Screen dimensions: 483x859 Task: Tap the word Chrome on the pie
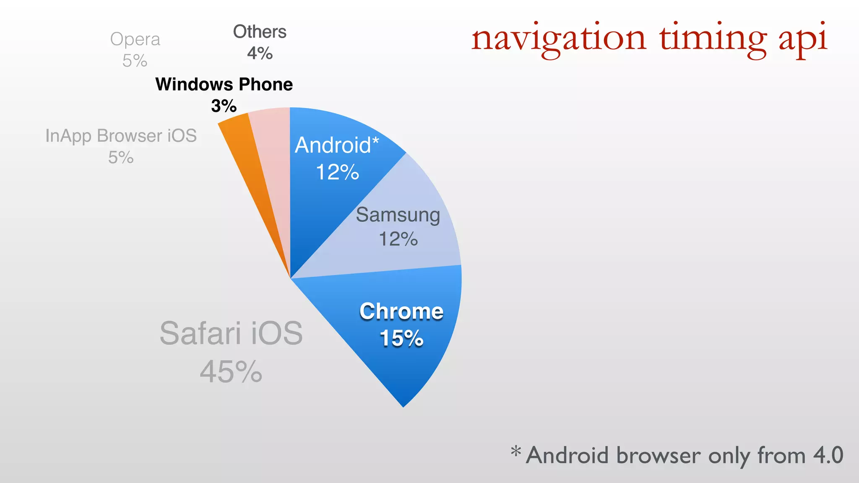pos(401,312)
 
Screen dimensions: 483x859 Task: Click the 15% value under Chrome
pos(401,338)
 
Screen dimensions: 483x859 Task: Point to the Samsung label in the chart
pos(398,215)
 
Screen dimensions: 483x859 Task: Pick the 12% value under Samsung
pos(398,239)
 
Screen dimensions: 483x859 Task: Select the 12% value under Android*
pos(337,172)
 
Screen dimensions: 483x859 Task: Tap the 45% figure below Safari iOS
pos(231,372)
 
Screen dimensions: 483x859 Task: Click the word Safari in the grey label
pos(200,333)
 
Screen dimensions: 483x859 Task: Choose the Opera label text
pos(135,39)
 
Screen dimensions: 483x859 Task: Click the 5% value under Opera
pos(135,61)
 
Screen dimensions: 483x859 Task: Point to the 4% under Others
pos(260,53)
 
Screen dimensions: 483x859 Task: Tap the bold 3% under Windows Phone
pos(224,106)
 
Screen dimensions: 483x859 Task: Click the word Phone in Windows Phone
pos(266,85)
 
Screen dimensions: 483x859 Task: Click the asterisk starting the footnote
pos(516,452)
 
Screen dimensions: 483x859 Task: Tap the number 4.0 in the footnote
pos(828,455)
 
